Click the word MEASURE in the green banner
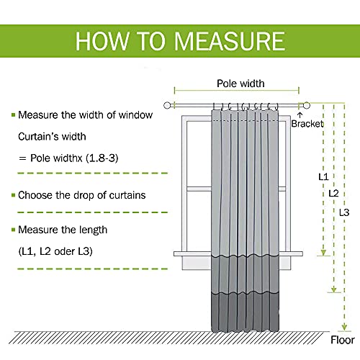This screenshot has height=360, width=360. (230, 41)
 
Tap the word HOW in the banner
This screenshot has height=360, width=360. (102, 41)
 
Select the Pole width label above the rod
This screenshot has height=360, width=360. (240, 84)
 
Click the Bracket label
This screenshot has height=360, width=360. (307, 124)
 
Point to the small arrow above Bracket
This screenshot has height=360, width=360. (300, 115)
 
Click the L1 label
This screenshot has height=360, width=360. (323, 177)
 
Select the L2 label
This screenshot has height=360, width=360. (333, 193)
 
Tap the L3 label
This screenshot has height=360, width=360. (344, 212)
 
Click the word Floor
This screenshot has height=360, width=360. (343, 340)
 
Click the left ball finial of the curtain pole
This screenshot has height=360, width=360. (167, 105)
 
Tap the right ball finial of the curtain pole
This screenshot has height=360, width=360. (307, 105)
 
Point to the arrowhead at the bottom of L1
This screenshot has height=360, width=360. (323, 253)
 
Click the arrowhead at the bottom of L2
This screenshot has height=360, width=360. (334, 289)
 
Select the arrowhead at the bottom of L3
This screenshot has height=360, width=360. (344, 328)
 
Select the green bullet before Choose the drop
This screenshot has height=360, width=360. (14, 195)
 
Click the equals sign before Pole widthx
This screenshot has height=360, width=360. (22, 158)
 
